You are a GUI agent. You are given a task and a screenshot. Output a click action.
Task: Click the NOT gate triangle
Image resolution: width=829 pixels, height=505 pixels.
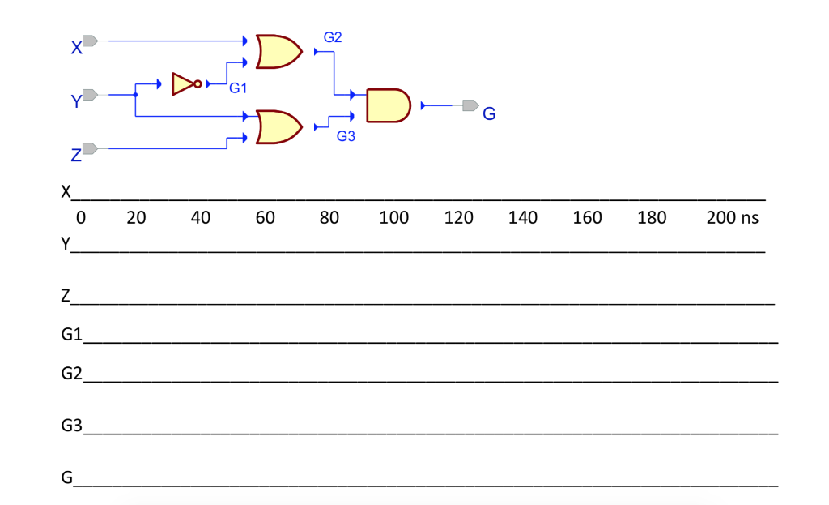[x=183, y=84]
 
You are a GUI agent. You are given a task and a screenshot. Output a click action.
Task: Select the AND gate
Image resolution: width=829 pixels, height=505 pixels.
[x=388, y=106]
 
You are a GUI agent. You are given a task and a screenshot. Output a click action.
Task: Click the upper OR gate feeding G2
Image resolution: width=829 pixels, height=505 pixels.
[x=278, y=52]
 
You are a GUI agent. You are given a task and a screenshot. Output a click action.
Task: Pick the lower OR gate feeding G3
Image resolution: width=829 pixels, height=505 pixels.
[x=278, y=127]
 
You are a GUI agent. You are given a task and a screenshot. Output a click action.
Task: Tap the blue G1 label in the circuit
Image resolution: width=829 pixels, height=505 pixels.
[x=238, y=88]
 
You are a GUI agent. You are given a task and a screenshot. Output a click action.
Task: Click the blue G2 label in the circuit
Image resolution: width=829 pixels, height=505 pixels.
[x=333, y=37]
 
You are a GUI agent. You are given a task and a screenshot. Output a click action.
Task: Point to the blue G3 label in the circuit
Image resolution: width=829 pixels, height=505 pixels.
[x=346, y=136]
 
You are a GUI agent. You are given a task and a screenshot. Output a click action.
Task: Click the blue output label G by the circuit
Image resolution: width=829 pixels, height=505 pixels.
[x=489, y=113]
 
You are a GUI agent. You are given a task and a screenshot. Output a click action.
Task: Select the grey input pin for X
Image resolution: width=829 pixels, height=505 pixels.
[x=91, y=41]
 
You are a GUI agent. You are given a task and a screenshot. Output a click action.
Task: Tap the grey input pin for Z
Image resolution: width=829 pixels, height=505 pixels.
[x=91, y=149]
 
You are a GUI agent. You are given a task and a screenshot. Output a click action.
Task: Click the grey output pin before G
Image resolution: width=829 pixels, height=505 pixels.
[x=470, y=105]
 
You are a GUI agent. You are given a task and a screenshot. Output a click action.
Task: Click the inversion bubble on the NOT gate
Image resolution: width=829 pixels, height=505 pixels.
[x=198, y=84]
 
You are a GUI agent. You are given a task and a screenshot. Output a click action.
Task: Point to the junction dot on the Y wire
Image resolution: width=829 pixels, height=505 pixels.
[x=135, y=95]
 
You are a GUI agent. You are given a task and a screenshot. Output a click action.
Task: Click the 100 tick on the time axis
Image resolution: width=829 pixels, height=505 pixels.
[x=394, y=217]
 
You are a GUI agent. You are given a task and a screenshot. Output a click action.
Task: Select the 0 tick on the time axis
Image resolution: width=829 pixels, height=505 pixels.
[x=81, y=217]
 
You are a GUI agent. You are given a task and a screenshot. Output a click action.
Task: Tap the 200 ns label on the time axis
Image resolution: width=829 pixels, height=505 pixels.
[x=733, y=217]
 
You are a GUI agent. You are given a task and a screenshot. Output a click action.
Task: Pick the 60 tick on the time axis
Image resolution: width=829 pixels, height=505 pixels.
[x=265, y=217]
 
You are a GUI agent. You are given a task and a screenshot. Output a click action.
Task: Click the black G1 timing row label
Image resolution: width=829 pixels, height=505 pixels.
[x=71, y=334]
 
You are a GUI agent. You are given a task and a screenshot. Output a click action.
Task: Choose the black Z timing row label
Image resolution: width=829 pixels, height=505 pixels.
[x=66, y=295]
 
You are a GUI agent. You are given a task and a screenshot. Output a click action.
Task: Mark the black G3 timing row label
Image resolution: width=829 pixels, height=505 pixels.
[x=71, y=425]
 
